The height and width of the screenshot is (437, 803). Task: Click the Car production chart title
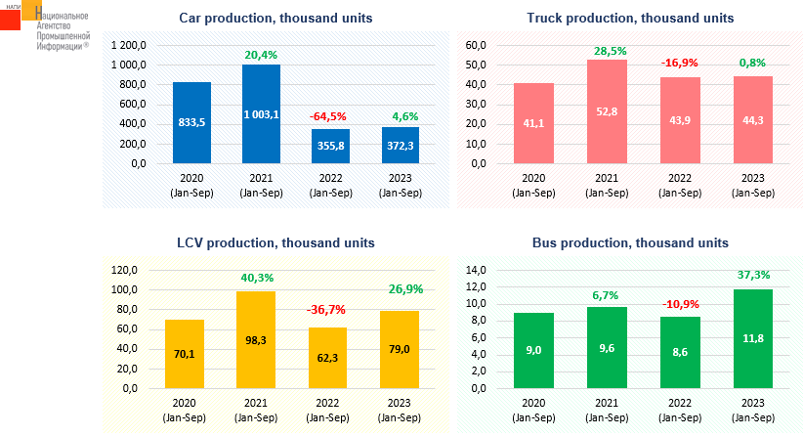point(275,18)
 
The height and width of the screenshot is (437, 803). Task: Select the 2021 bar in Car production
point(261,113)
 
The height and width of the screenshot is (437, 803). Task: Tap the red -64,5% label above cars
point(328,116)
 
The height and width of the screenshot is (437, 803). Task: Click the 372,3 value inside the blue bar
point(400,146)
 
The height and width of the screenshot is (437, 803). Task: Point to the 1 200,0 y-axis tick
point(129,45)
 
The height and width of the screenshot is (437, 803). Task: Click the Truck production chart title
point(630,18)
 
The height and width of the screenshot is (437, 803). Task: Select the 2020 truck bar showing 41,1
point(533,123)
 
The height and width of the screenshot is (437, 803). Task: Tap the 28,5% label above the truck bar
point(610,51)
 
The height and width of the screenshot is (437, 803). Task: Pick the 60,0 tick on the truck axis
point(476,45)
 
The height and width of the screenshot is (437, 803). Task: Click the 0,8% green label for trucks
point(752,63)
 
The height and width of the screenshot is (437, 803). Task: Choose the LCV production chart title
point(275,242)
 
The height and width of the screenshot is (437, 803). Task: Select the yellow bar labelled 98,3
point(256,339)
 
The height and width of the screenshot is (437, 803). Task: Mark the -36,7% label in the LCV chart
point(325,310)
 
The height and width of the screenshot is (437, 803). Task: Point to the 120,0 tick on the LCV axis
point(124,270)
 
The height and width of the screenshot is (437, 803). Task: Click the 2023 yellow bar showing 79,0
point(400,349)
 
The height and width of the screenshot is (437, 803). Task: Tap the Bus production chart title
point(630,242)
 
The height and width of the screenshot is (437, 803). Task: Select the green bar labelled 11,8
point(753,338)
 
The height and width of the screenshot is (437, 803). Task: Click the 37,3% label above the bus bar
point(753,275)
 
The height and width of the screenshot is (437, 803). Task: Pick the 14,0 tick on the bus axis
point(476,270)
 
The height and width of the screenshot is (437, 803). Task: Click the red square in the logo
point(10,20)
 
